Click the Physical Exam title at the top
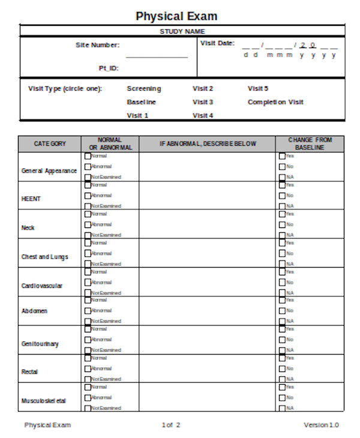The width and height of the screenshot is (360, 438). (x=176, y=16)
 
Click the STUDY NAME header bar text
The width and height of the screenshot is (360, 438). (x=182, y=31)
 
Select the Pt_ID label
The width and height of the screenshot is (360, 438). (x=109, y=68)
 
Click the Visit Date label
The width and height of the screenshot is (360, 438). (x=217, y=43)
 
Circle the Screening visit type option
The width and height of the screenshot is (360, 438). (x=144, y=89)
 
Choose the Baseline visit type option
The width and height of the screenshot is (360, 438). (x=142, y=102)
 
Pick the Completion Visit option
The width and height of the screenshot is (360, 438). (x=275, y=102)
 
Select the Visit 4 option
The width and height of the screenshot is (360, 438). (x=203, y=115)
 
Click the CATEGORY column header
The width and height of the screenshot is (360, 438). (x=50, y=144)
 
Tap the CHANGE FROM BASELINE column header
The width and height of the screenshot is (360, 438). (x=310, y=144)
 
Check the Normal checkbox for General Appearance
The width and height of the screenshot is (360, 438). (x=88, y=156)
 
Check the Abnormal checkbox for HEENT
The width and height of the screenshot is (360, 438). (x=88, y=196)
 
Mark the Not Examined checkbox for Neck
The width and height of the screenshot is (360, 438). (x=88, y=235)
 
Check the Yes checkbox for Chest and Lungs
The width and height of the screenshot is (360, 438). (x=282, y=243)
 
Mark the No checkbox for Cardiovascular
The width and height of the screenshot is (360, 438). (x=282, y=282)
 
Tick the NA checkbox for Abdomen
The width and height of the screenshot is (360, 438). (x=282, y=322)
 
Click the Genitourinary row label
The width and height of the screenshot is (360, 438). (x=40, y=344)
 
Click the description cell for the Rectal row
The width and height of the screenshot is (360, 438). (x=207, y=368)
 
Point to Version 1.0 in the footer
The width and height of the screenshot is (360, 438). (x=321, y=425)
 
